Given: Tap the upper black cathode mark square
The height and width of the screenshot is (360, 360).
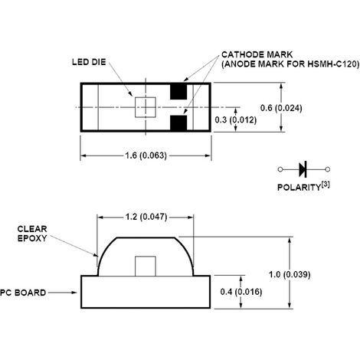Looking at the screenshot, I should (x=178, y=91).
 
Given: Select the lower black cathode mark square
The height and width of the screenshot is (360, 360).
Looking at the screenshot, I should (x=178, y=123).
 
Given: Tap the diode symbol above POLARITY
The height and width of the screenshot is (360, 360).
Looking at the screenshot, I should (x=301, y=168).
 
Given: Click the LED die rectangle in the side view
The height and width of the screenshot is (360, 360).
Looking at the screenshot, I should (x=145, y=265).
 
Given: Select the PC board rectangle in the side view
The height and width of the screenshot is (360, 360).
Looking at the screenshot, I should (x=145, y=292).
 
